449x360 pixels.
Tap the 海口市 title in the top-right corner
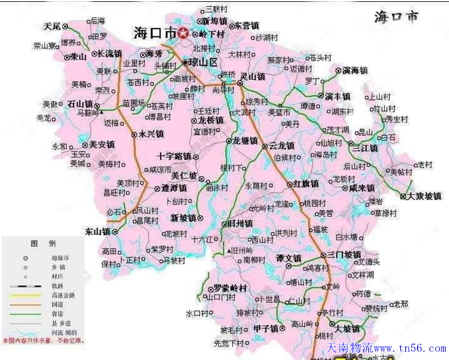click(x=396, y=17)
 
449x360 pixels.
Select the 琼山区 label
click(x=204, y=62)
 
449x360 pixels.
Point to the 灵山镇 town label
click(x=252, y=77)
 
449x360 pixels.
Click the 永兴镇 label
click(x=151, y=133)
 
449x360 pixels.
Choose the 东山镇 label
click(x=98, y=232)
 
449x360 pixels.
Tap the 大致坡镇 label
click(x=424, y=196)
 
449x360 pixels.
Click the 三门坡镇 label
click(x=344, y=254)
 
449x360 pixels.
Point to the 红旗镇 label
click(x=306, y=184)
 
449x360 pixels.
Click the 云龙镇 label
click(x=280, y=146)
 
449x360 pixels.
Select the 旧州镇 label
click(x=240, y=224)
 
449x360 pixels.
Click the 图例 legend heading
click(x=43, y=243)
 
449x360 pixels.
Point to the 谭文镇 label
click(x=288, y=258)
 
